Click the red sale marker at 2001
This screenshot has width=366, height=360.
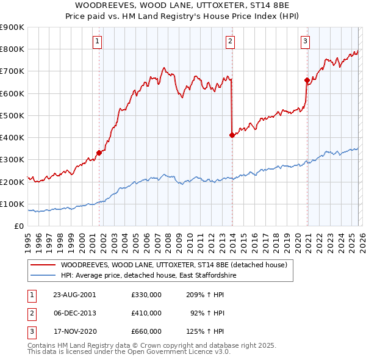(99, 153)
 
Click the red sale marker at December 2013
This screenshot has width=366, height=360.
(232, 135)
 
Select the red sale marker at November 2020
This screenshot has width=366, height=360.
(306, 79)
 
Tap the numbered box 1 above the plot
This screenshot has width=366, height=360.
(98, 41)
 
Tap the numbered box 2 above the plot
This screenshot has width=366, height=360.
(230, 41)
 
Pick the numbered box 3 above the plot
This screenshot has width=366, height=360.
(305, 41)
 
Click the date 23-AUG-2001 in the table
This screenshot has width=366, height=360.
(74, 294)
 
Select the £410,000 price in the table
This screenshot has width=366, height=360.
(146, 313)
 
